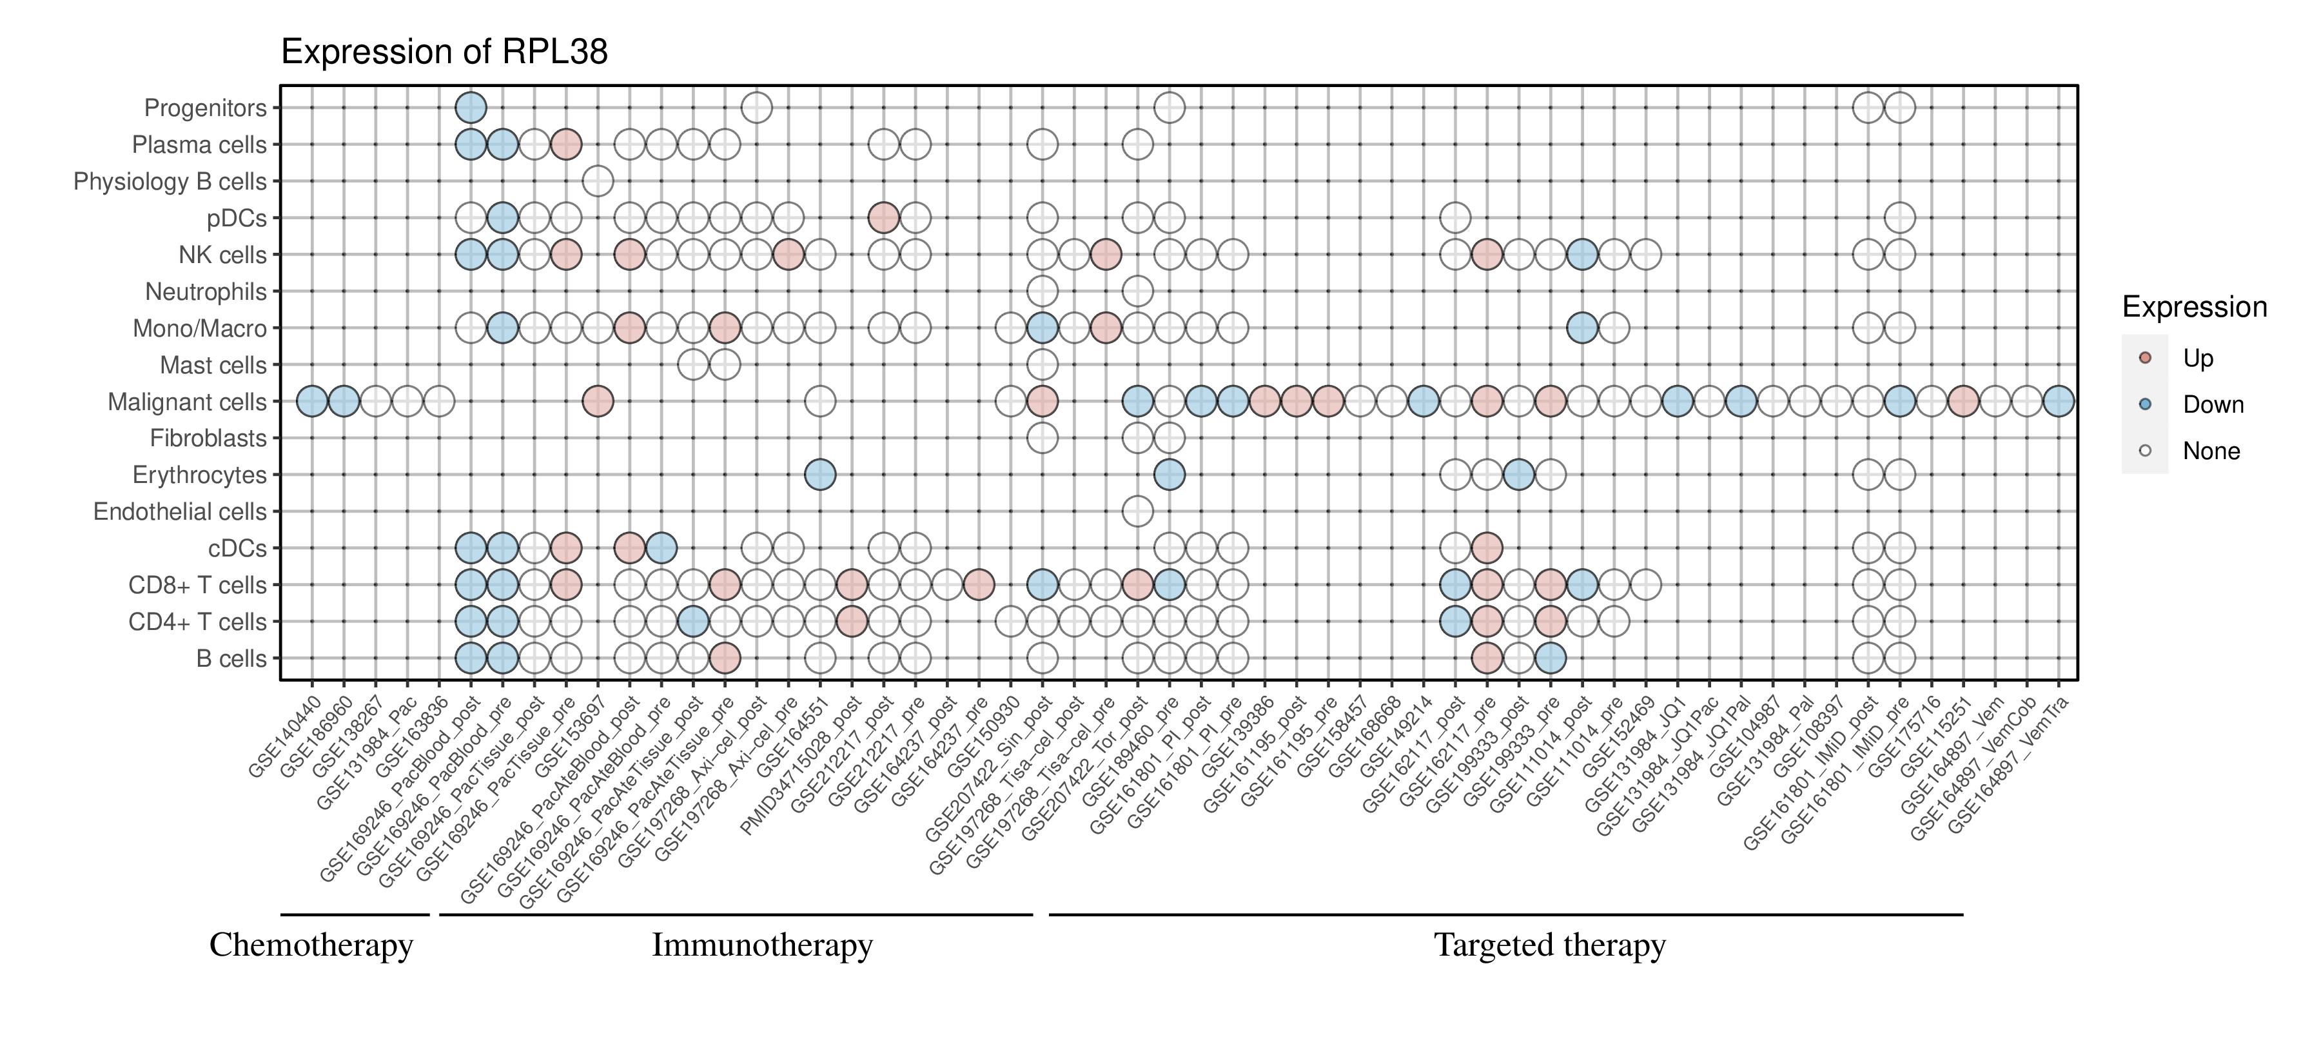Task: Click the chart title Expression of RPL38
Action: coord(444,52)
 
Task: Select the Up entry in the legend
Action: coord(2198,359)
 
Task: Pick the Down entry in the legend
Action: coord(2212,404)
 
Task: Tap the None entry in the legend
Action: coord(2210,451)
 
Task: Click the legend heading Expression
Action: coord(2194,307)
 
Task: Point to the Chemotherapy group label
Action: coord(311,945)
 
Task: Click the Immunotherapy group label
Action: coord(762,945)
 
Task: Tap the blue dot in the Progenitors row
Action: coord(471,108)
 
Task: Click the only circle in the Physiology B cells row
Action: coord(598,181)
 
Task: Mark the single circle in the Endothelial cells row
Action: coord(1137,512)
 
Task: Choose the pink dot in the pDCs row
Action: coord(883,218)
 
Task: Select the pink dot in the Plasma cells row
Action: coord(566,144)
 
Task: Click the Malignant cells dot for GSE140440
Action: coord(312,401)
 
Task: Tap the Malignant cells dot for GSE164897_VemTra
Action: coord(2058,401)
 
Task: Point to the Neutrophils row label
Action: coord(206,292)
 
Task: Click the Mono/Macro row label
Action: coord(199,329)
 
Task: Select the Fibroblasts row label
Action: coord(208,438)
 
